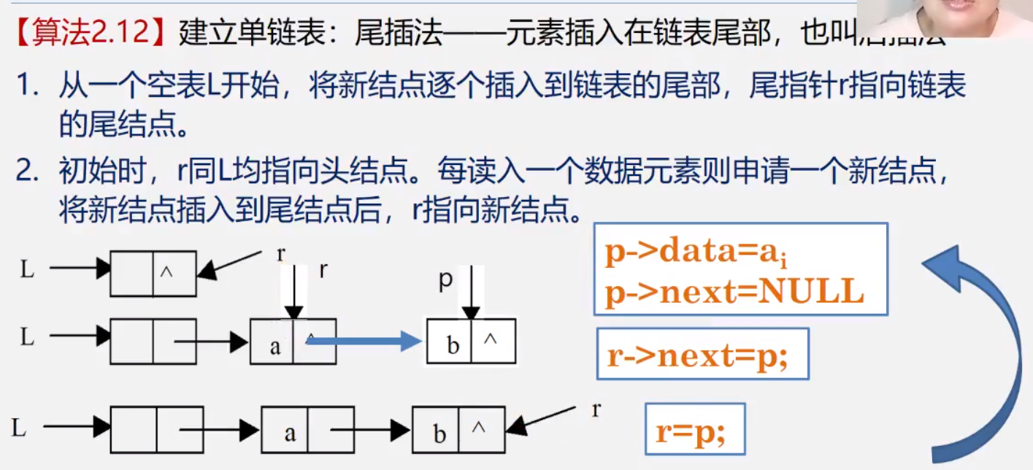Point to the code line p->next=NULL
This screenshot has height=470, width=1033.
click(x=734, y=291)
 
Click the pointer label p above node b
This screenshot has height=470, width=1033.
click(x=445, y=281)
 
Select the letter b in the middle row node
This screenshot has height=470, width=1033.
click(x=453, y=344)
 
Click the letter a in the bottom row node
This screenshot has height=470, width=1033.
click(x=290, y=434)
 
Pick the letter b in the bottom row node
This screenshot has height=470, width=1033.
click(x=439, y=434)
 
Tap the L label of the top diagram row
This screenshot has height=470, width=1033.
click(x=27, y=269)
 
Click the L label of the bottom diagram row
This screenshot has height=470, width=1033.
click(x=19, y=428)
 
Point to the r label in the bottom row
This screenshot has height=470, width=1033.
click(x=596, y=409)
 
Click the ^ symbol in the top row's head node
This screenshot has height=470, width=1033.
click(x=166, y=271)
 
